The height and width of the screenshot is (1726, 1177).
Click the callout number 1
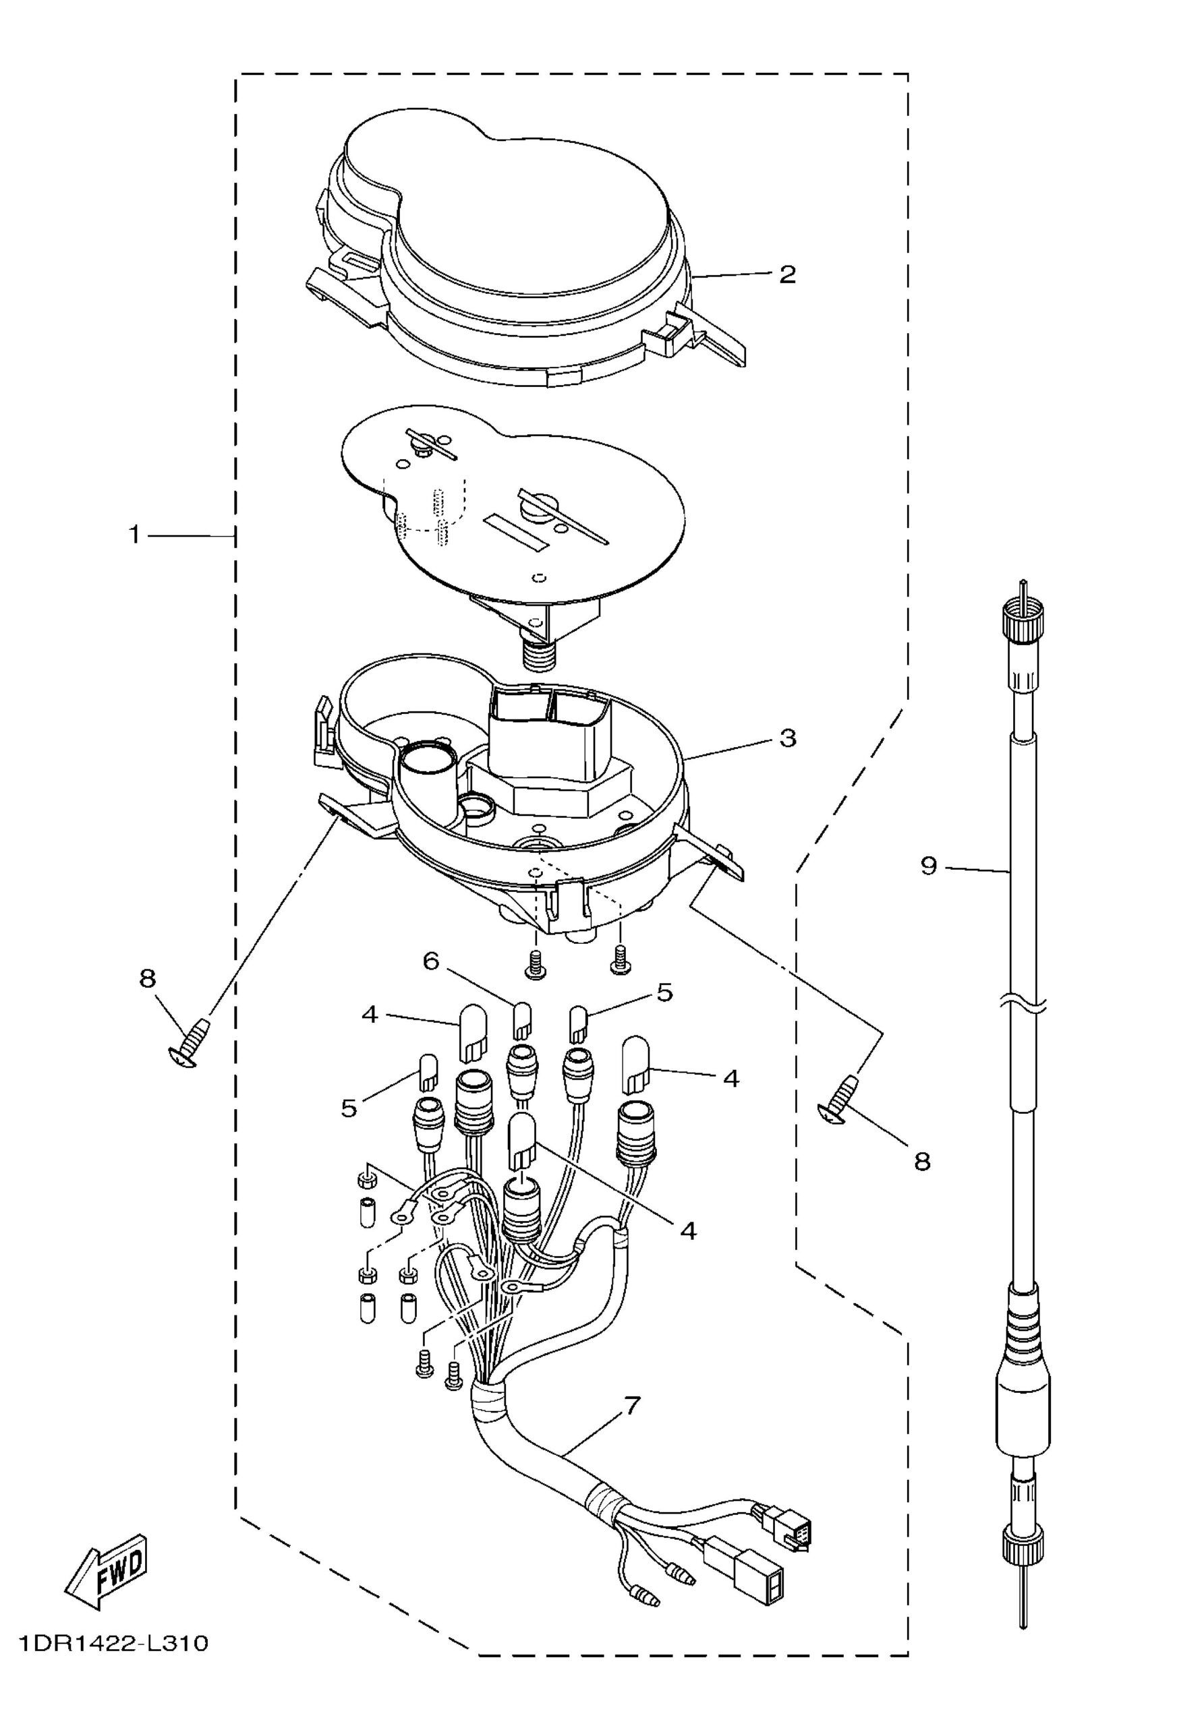point(134,534)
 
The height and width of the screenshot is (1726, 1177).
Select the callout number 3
point(788,738)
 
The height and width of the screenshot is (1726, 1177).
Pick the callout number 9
point(929,865)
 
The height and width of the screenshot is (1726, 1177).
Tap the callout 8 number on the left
point(147,979)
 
